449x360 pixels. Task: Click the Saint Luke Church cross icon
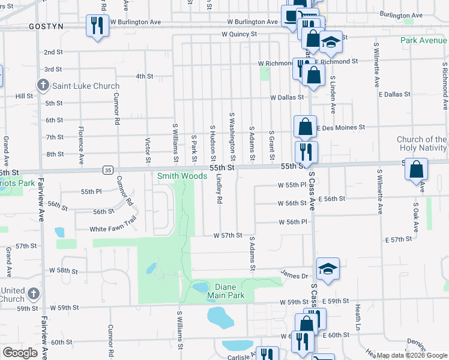click(x=43, y=85)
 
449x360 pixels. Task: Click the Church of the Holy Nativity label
click(x=421, y=144)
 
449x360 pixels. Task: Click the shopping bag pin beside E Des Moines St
click(x=305, y=126)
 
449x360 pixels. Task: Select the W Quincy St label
click(x=239, y=35)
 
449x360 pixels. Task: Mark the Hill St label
click(x=24, y=96)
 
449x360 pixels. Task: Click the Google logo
click(x=20, y=353)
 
